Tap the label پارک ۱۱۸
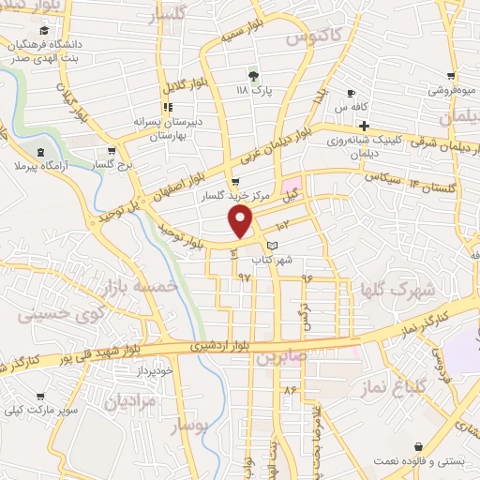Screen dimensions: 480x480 tap(253, 91)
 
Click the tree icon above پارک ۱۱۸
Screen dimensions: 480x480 tap(253, 76)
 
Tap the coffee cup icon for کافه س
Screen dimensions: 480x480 tap(351, 93)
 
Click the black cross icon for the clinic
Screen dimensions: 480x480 tap(365, 125)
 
